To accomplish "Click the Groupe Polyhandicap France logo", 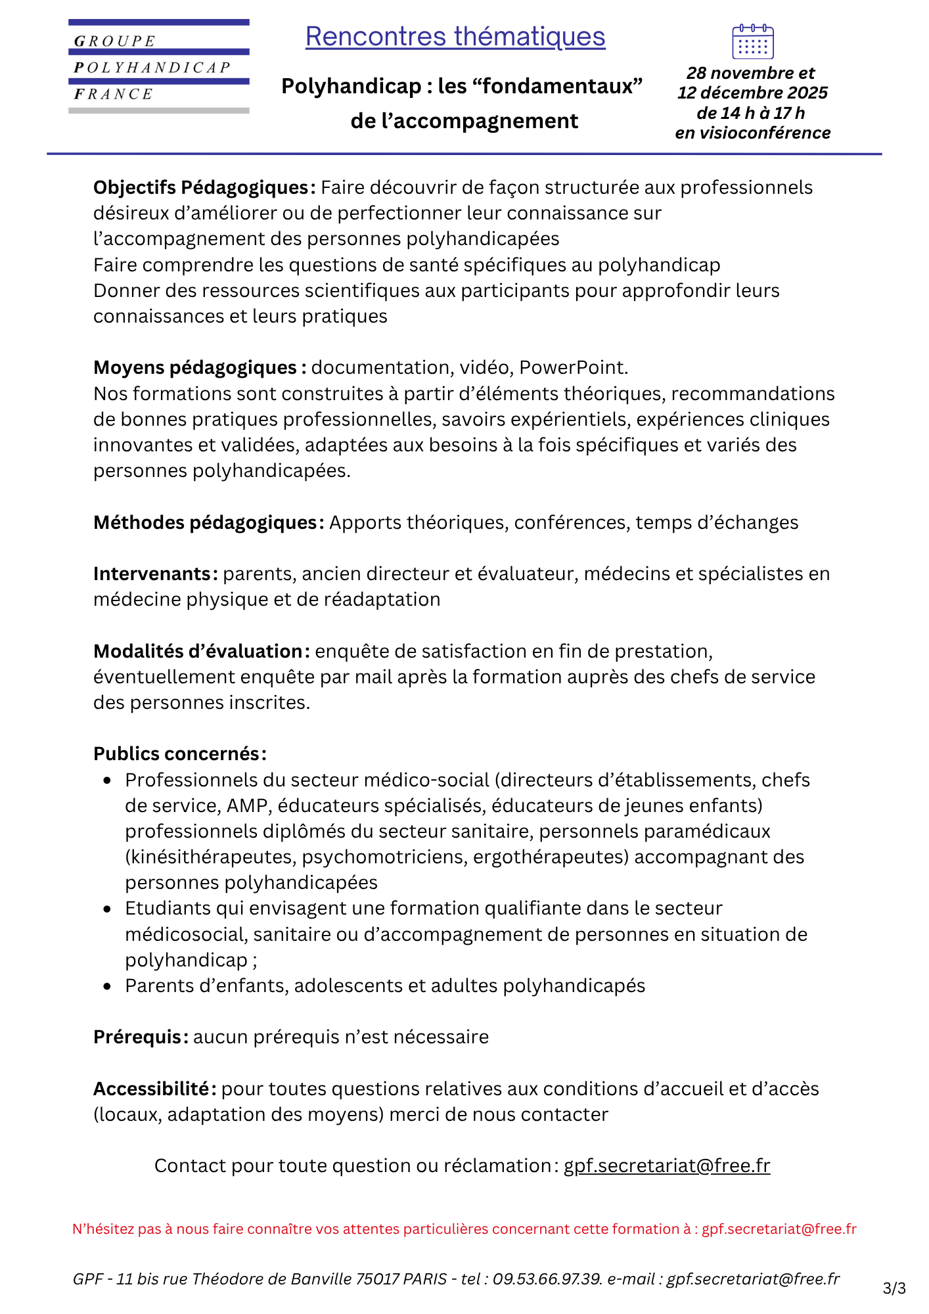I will pyautogui.click(x=158, y=66).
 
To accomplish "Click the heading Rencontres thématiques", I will pyautogui.click(x=455, y=37).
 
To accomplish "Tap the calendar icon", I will pyautogui.click(x=752, y=42).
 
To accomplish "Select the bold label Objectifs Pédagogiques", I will pyautogui.click(x=200, y=188).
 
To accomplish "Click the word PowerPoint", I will pyautogui.click(x=573, y=367).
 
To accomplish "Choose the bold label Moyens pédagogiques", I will pyautogui.click(x=195, y=367).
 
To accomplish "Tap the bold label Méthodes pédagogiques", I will pyautogui.click(x=205, y=523).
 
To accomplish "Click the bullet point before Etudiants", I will pyautogui.click(x=108, y=909).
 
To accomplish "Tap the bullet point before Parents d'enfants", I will pyautogui.click(x=108, y=987).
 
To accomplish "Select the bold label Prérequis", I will pyautogui.click(x=139, y=1037).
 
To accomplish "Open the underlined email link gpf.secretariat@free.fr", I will pyautogui.click(x=667, y=1166).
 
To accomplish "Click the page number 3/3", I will pyautogui.click(x=894, y=1288).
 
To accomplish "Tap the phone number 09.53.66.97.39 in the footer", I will pyautogui.click(x=547, y=1279).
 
